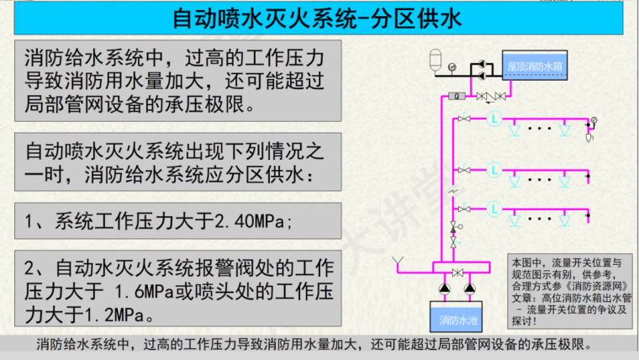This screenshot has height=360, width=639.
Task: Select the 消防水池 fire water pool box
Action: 457,320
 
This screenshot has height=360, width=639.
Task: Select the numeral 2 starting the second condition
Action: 31,270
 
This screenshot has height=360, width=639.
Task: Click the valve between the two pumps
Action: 457,273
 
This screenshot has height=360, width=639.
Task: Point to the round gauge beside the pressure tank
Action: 453,66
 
